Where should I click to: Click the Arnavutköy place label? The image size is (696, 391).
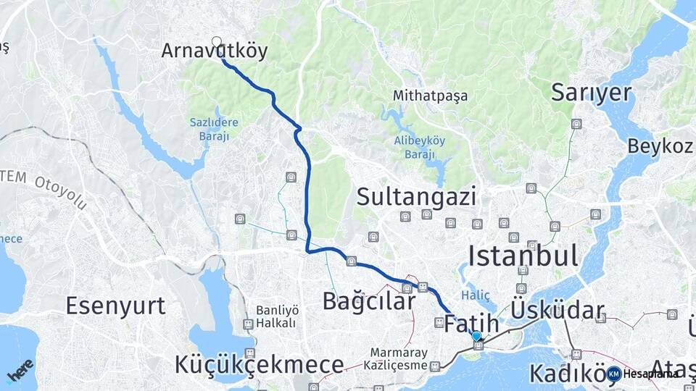(x=214, y=51)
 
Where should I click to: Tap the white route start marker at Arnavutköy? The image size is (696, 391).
(x=216, y=41)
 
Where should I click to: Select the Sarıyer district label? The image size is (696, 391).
(x=592, y=92)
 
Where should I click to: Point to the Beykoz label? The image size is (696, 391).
(x=660, y=146)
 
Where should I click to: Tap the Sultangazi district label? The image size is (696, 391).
(x=416, y=196)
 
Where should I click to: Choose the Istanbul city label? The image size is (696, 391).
(x=523, y=256)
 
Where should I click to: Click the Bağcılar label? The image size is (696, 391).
(x=368, y=301)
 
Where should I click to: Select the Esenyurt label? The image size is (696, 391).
(x=116, y=306)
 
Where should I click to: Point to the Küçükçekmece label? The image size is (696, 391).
(x=259, y=364)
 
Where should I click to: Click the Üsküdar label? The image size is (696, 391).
(x=558, y=311)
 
